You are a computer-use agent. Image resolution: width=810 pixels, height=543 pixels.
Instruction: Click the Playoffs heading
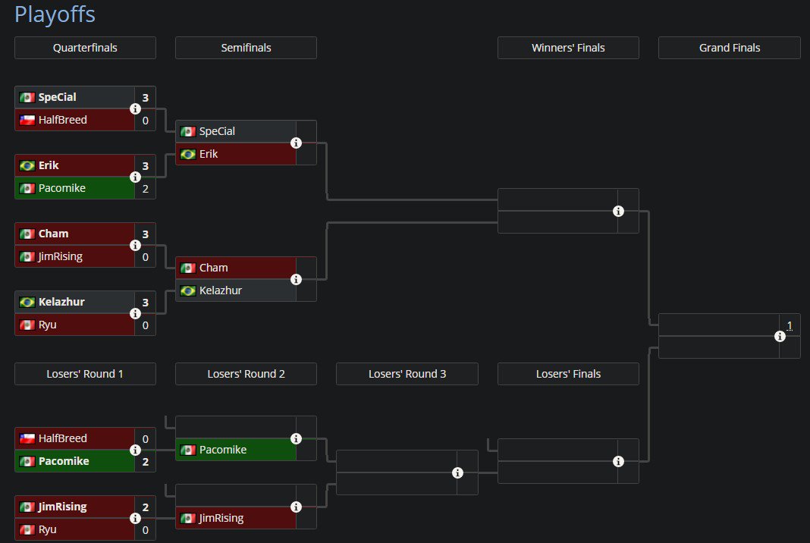[x=55, y=14]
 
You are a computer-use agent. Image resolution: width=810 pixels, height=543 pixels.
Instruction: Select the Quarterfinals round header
[x=85, y=48]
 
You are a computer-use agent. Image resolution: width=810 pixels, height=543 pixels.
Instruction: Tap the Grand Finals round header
[x=729, y=48]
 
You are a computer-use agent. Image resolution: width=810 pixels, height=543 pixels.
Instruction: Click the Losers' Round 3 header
[x=407, y=374]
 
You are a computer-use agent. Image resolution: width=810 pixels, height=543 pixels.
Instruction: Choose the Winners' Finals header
[x=568, y=48]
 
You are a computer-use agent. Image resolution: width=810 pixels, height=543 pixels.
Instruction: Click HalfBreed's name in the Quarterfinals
[x=62, y=120]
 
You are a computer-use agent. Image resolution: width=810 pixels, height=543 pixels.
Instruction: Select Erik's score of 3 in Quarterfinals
[x=145, y=165]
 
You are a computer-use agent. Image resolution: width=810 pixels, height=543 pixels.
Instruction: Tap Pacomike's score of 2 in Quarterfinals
[x=145, y=188]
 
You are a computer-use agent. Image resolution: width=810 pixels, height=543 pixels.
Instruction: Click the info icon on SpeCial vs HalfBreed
[x=135, y=108]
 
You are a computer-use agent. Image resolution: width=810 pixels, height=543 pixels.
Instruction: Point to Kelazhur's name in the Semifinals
[x=221, y=290]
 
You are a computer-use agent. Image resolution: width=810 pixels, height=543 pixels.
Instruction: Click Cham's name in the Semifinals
[x=213, y=268]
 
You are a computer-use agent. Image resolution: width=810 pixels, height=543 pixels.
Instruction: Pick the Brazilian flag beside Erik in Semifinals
[x=188, y=154]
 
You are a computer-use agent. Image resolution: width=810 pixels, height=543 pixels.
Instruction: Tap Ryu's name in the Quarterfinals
[x=48, y=325]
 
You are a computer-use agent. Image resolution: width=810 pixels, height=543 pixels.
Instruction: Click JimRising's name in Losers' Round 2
[x=221, y=518]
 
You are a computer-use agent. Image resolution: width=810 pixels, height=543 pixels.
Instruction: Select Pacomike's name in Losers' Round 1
[x=64, y=461]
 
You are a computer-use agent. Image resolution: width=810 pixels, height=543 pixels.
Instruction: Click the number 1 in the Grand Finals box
[x=790, y=325]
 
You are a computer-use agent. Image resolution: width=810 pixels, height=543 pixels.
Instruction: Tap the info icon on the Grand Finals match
[x=780, y=336]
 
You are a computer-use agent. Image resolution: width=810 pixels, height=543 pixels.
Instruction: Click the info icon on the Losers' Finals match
[x=618, y=461]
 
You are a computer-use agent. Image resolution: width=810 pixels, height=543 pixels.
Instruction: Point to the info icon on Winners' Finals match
[x=618, y=211]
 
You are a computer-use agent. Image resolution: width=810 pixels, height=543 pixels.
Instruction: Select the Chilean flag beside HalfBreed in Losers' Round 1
[x=27, y=438]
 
